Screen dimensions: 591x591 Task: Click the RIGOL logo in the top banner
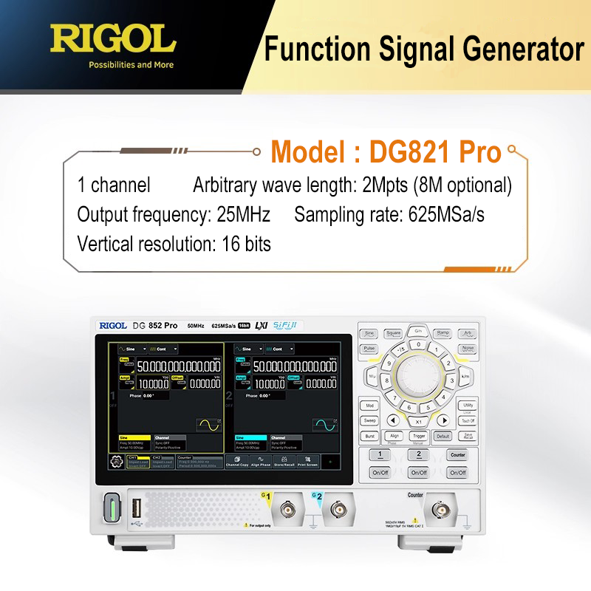pos(113,38)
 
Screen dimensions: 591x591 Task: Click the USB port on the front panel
pos(137,509)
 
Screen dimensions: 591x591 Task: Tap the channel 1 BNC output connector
pos(287,509)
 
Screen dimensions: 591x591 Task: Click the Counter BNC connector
pos(441,510)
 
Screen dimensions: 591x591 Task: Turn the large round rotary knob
pos(418,376)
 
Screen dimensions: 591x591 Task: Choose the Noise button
pos(467,348)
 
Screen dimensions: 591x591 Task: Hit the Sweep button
pos(369,420)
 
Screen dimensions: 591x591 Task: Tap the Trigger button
pos(419,437)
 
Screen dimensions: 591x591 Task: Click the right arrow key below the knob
pos(445,420)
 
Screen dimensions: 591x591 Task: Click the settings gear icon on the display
pos(116,462)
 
